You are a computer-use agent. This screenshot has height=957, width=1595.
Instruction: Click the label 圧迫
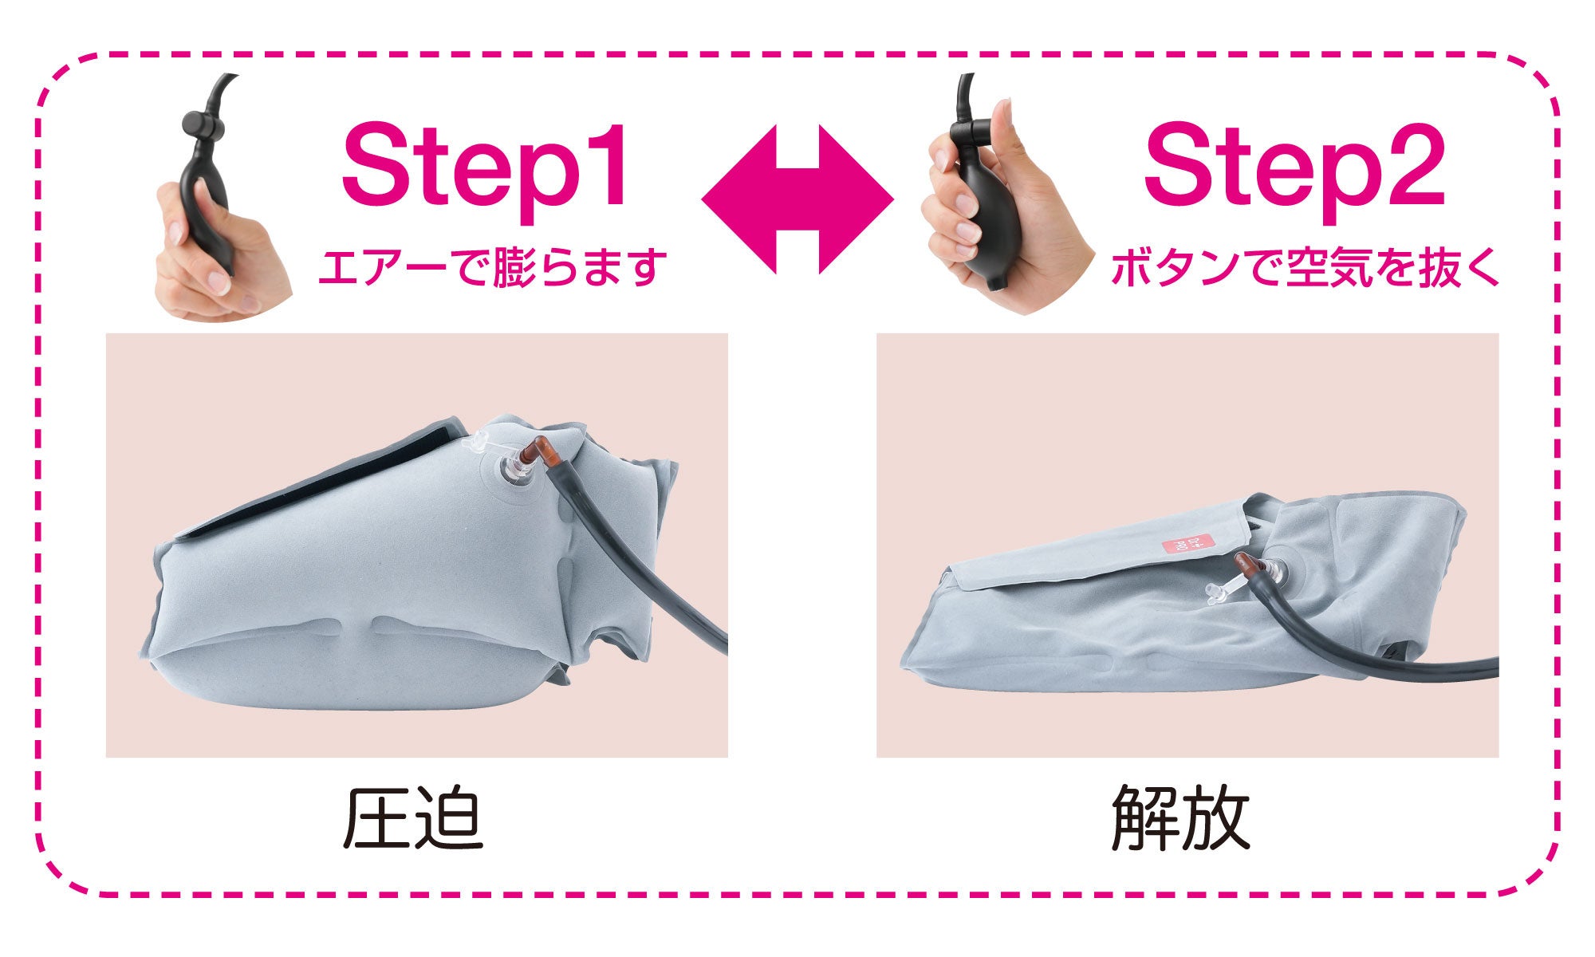pos(413,819)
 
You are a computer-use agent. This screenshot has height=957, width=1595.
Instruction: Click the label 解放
pos(1180,819)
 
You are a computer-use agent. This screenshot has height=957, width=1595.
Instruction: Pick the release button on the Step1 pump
pos(200,124)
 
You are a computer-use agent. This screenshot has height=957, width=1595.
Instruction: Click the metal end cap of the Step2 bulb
pos(994,282)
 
